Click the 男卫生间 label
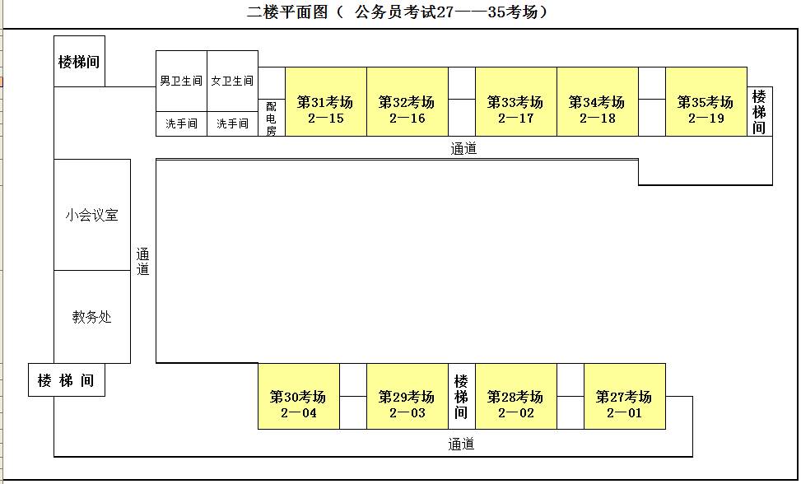tap(181, 81)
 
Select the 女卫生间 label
tap(232, 81)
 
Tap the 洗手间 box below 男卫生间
tap(181, 123)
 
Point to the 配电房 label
tap(271, 118)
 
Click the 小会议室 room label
tap(91, 215)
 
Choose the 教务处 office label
tap(91, 316)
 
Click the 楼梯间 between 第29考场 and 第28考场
tap(461, 396)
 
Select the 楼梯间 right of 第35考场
tap(759, 112)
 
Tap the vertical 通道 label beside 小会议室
tap(142, 261)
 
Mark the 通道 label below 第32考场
tap(463, 148)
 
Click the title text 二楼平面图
tap(288, 12)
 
